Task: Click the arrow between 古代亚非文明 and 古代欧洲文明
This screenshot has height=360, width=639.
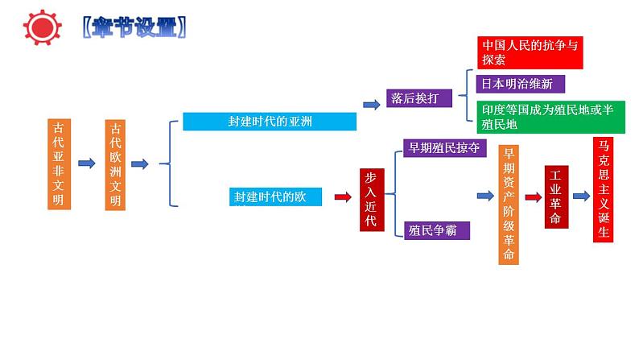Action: pos(86,163)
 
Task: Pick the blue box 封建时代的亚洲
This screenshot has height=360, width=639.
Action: pos(270,122)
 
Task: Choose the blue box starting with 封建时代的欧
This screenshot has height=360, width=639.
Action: pos(275,197)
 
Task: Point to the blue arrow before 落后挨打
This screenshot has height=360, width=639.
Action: pos(372,104)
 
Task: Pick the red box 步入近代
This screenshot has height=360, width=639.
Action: pos(370,199)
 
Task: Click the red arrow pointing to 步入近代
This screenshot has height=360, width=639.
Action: pos(343,197)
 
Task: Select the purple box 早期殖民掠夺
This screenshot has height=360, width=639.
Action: pos(443,147)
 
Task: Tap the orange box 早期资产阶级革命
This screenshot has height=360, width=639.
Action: pos(508,205)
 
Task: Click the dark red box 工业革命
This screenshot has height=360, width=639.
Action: pos(556,197)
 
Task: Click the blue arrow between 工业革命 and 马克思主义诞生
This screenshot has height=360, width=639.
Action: pos(581,197)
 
